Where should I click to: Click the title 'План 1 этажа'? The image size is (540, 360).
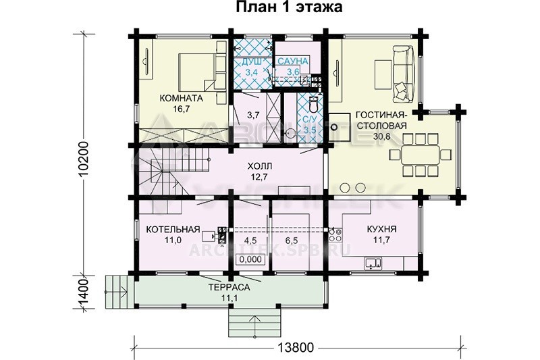(290, 7)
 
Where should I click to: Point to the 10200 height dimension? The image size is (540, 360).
(83, 159)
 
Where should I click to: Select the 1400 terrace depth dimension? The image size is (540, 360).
(83, 292)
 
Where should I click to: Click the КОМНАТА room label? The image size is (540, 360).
(182, 98)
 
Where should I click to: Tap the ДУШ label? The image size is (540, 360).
(251, 61)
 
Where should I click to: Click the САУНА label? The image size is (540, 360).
(293, 61)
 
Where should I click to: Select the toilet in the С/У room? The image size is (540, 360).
(313, 105)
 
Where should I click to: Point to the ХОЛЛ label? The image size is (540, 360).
(259, 166)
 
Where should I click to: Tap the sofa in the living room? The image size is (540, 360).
(403, 74)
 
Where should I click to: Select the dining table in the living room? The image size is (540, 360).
(420, 155)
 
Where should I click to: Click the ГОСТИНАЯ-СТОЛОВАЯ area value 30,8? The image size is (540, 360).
(381, 136)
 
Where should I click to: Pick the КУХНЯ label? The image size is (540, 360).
(381, 229)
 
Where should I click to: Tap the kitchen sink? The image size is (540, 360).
(373, 263)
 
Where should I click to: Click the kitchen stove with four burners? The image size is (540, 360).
(335, 234)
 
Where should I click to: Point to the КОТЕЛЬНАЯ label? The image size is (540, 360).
(173, 230)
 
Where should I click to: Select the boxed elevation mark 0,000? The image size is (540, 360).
(250, 259)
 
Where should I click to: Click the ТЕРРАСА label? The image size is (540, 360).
(229, 287)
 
